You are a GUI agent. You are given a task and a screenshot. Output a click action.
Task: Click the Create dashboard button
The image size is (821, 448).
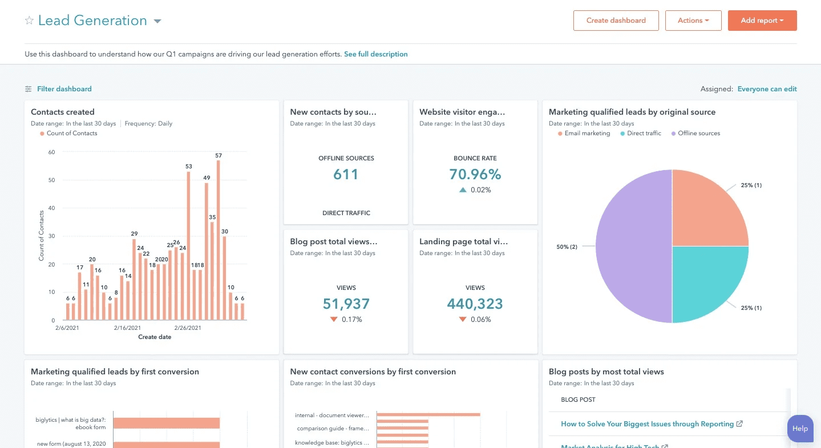coord(616,21)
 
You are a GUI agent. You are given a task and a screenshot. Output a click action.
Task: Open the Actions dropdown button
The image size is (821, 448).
coord(693,21)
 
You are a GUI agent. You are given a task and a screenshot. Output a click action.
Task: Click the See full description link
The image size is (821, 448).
coord(375,54)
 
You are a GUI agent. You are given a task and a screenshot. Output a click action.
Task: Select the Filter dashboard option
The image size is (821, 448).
coord(64,89)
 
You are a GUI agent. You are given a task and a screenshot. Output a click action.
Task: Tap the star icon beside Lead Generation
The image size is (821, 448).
coord(29,21)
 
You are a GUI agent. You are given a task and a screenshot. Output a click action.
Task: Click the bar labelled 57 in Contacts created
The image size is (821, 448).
coord(218,240)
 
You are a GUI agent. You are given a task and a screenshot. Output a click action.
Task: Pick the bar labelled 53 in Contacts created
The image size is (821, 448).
coord(188,245)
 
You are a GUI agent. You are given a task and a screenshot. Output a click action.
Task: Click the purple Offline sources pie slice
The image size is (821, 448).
coord(633,247)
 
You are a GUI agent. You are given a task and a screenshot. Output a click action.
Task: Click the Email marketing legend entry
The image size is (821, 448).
coord(587,134)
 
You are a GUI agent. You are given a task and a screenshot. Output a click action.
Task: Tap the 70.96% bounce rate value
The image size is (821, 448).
coord(475,174)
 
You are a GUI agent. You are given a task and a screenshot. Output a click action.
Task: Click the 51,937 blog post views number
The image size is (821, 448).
coord(346,304)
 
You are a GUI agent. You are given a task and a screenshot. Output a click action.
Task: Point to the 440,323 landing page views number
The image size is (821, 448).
coord(475,304)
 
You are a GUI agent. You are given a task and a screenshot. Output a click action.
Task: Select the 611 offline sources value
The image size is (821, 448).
coord(346,174)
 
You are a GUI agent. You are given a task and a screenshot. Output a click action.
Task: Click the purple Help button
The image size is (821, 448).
coord(800,429)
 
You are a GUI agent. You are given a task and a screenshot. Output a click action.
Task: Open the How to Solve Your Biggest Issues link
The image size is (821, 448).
coord(647,424)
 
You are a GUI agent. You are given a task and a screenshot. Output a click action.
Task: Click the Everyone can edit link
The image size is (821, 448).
coord(767,89)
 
